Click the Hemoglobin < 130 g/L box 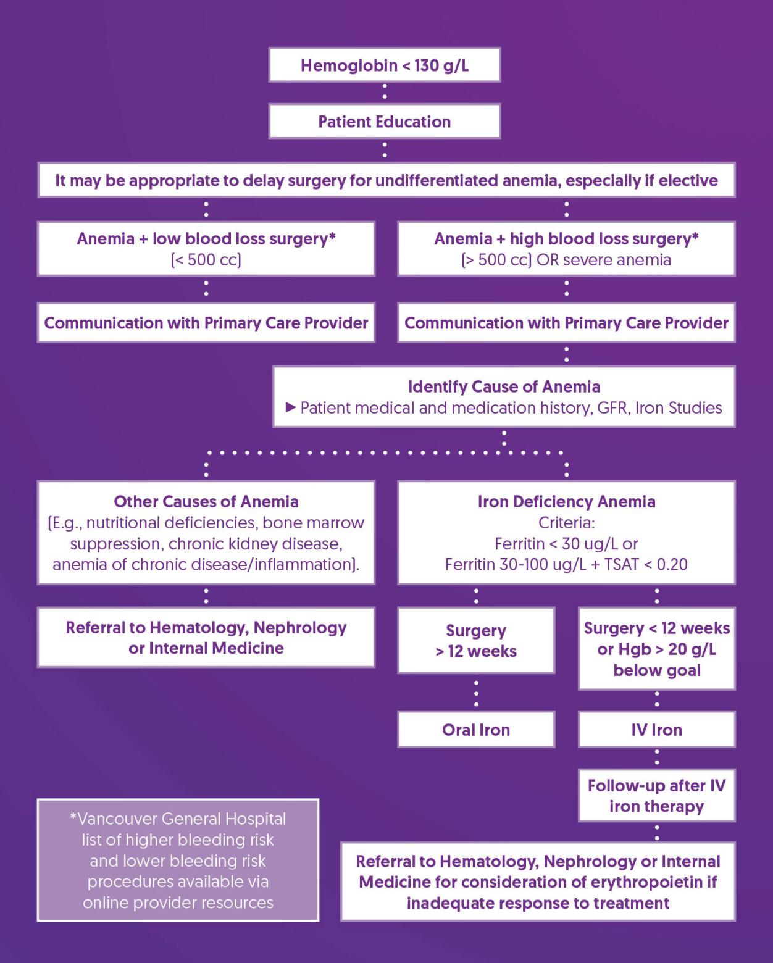384,65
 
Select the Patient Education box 384,122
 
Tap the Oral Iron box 476,730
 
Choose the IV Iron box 656,730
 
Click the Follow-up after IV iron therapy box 656,796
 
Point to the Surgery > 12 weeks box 476,641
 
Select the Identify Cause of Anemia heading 504,387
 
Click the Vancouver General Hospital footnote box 178,860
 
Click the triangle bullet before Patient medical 291,407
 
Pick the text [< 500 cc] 206,260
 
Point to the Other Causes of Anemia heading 206,502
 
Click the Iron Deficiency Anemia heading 566,502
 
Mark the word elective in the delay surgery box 688,181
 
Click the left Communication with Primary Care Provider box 206,323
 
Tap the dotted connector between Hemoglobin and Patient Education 384,93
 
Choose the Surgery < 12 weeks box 656,649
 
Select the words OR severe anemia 603,260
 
